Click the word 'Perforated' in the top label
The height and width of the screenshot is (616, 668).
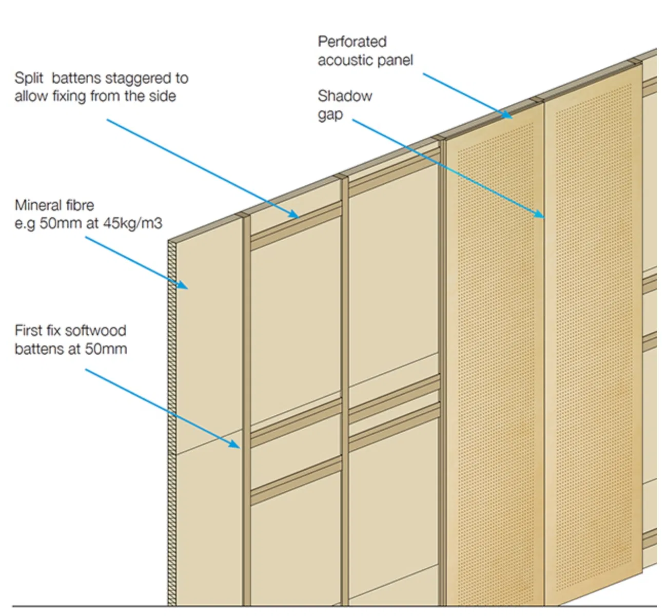[x=352, y=42]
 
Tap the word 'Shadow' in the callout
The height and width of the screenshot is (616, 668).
[x=345, y=96]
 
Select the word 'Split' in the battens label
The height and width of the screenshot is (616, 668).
[x=29, y=79]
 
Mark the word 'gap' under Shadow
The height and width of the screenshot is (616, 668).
[x=330, y=114]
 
